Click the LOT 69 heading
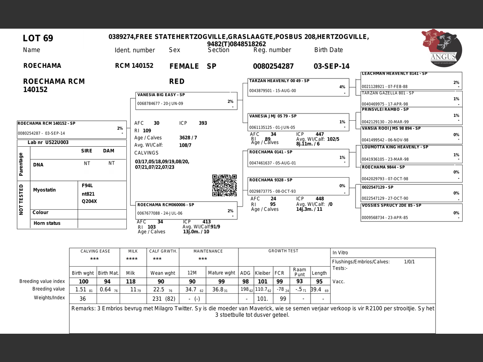[38, 38]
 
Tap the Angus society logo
[442, 48]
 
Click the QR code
[224, 185]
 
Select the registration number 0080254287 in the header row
[273, 66]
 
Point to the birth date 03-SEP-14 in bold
[331, 66]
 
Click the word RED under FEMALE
[177, 81]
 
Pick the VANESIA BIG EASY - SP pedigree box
[186, 101]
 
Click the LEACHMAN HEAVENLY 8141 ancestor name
[394, 74]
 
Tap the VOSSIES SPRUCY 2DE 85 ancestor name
[391, 206]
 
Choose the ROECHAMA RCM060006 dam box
[186, 210]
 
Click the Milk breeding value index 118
[131, 281]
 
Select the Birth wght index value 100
[83, 281]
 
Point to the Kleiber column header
[263, 273]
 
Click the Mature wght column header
[222, 273]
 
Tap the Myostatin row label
[44, 190]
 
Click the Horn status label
[47, 223]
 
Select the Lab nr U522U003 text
[48, 143]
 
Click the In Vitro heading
[340, 253]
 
